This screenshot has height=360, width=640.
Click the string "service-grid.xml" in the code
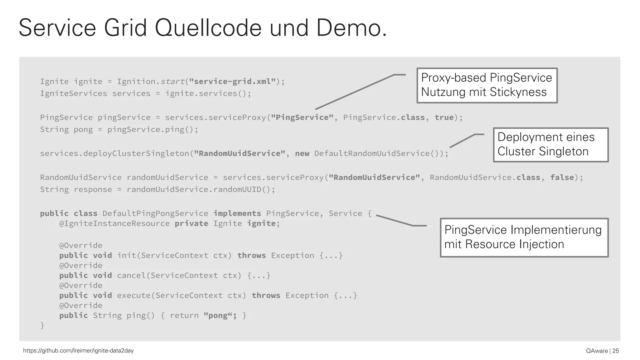pos(232,82)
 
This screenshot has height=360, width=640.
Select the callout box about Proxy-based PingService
pos(487,85)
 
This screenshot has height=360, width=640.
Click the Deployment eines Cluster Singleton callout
pos(551,145)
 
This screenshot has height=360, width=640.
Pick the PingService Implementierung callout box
pos(524,237)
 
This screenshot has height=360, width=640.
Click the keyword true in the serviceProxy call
pos(444,117)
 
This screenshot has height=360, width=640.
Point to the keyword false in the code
pos(562,177)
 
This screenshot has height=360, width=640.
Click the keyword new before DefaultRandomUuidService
pos(302,153)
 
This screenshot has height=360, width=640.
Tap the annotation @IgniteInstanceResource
pos(114,223)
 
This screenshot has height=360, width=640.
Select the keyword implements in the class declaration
pos(237,213)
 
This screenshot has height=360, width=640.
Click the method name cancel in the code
pos(131,275)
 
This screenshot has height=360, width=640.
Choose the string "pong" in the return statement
pos(218,315)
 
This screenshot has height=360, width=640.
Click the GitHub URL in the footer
pos(78,351)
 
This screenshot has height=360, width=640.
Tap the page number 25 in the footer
pos(615,351)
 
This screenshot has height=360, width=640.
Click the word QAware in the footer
pos(597,351)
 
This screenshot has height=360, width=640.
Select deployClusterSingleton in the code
pos(136,153)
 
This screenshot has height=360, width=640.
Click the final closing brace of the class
pos(42,325)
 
